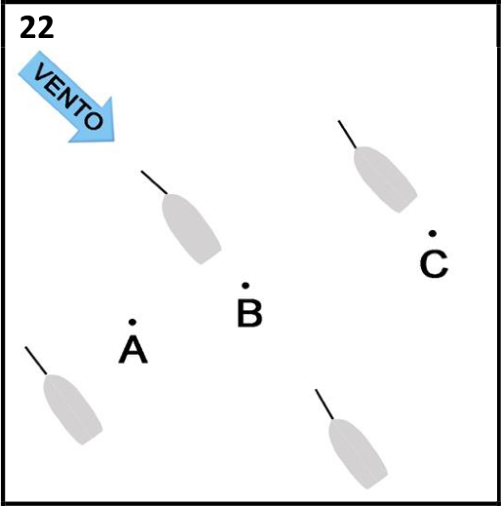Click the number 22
[37, 27]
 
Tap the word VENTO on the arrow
[69, 96]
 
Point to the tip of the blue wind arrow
[114, 140]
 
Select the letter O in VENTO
[94, 120]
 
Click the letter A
[134, 349]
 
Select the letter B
[250, 313]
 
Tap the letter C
[434, 263]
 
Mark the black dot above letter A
[133, 322]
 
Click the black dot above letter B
[246, 286]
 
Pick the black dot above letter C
[433, 233]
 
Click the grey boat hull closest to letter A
[72, 409]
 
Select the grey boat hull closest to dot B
[191, 228]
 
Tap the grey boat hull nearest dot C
[385, 179]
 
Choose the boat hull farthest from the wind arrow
[358, 453]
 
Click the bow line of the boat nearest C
[347, 135]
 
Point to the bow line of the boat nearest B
[154, 182]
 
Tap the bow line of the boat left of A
[36, 361]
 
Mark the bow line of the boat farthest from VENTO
[325, 405]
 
